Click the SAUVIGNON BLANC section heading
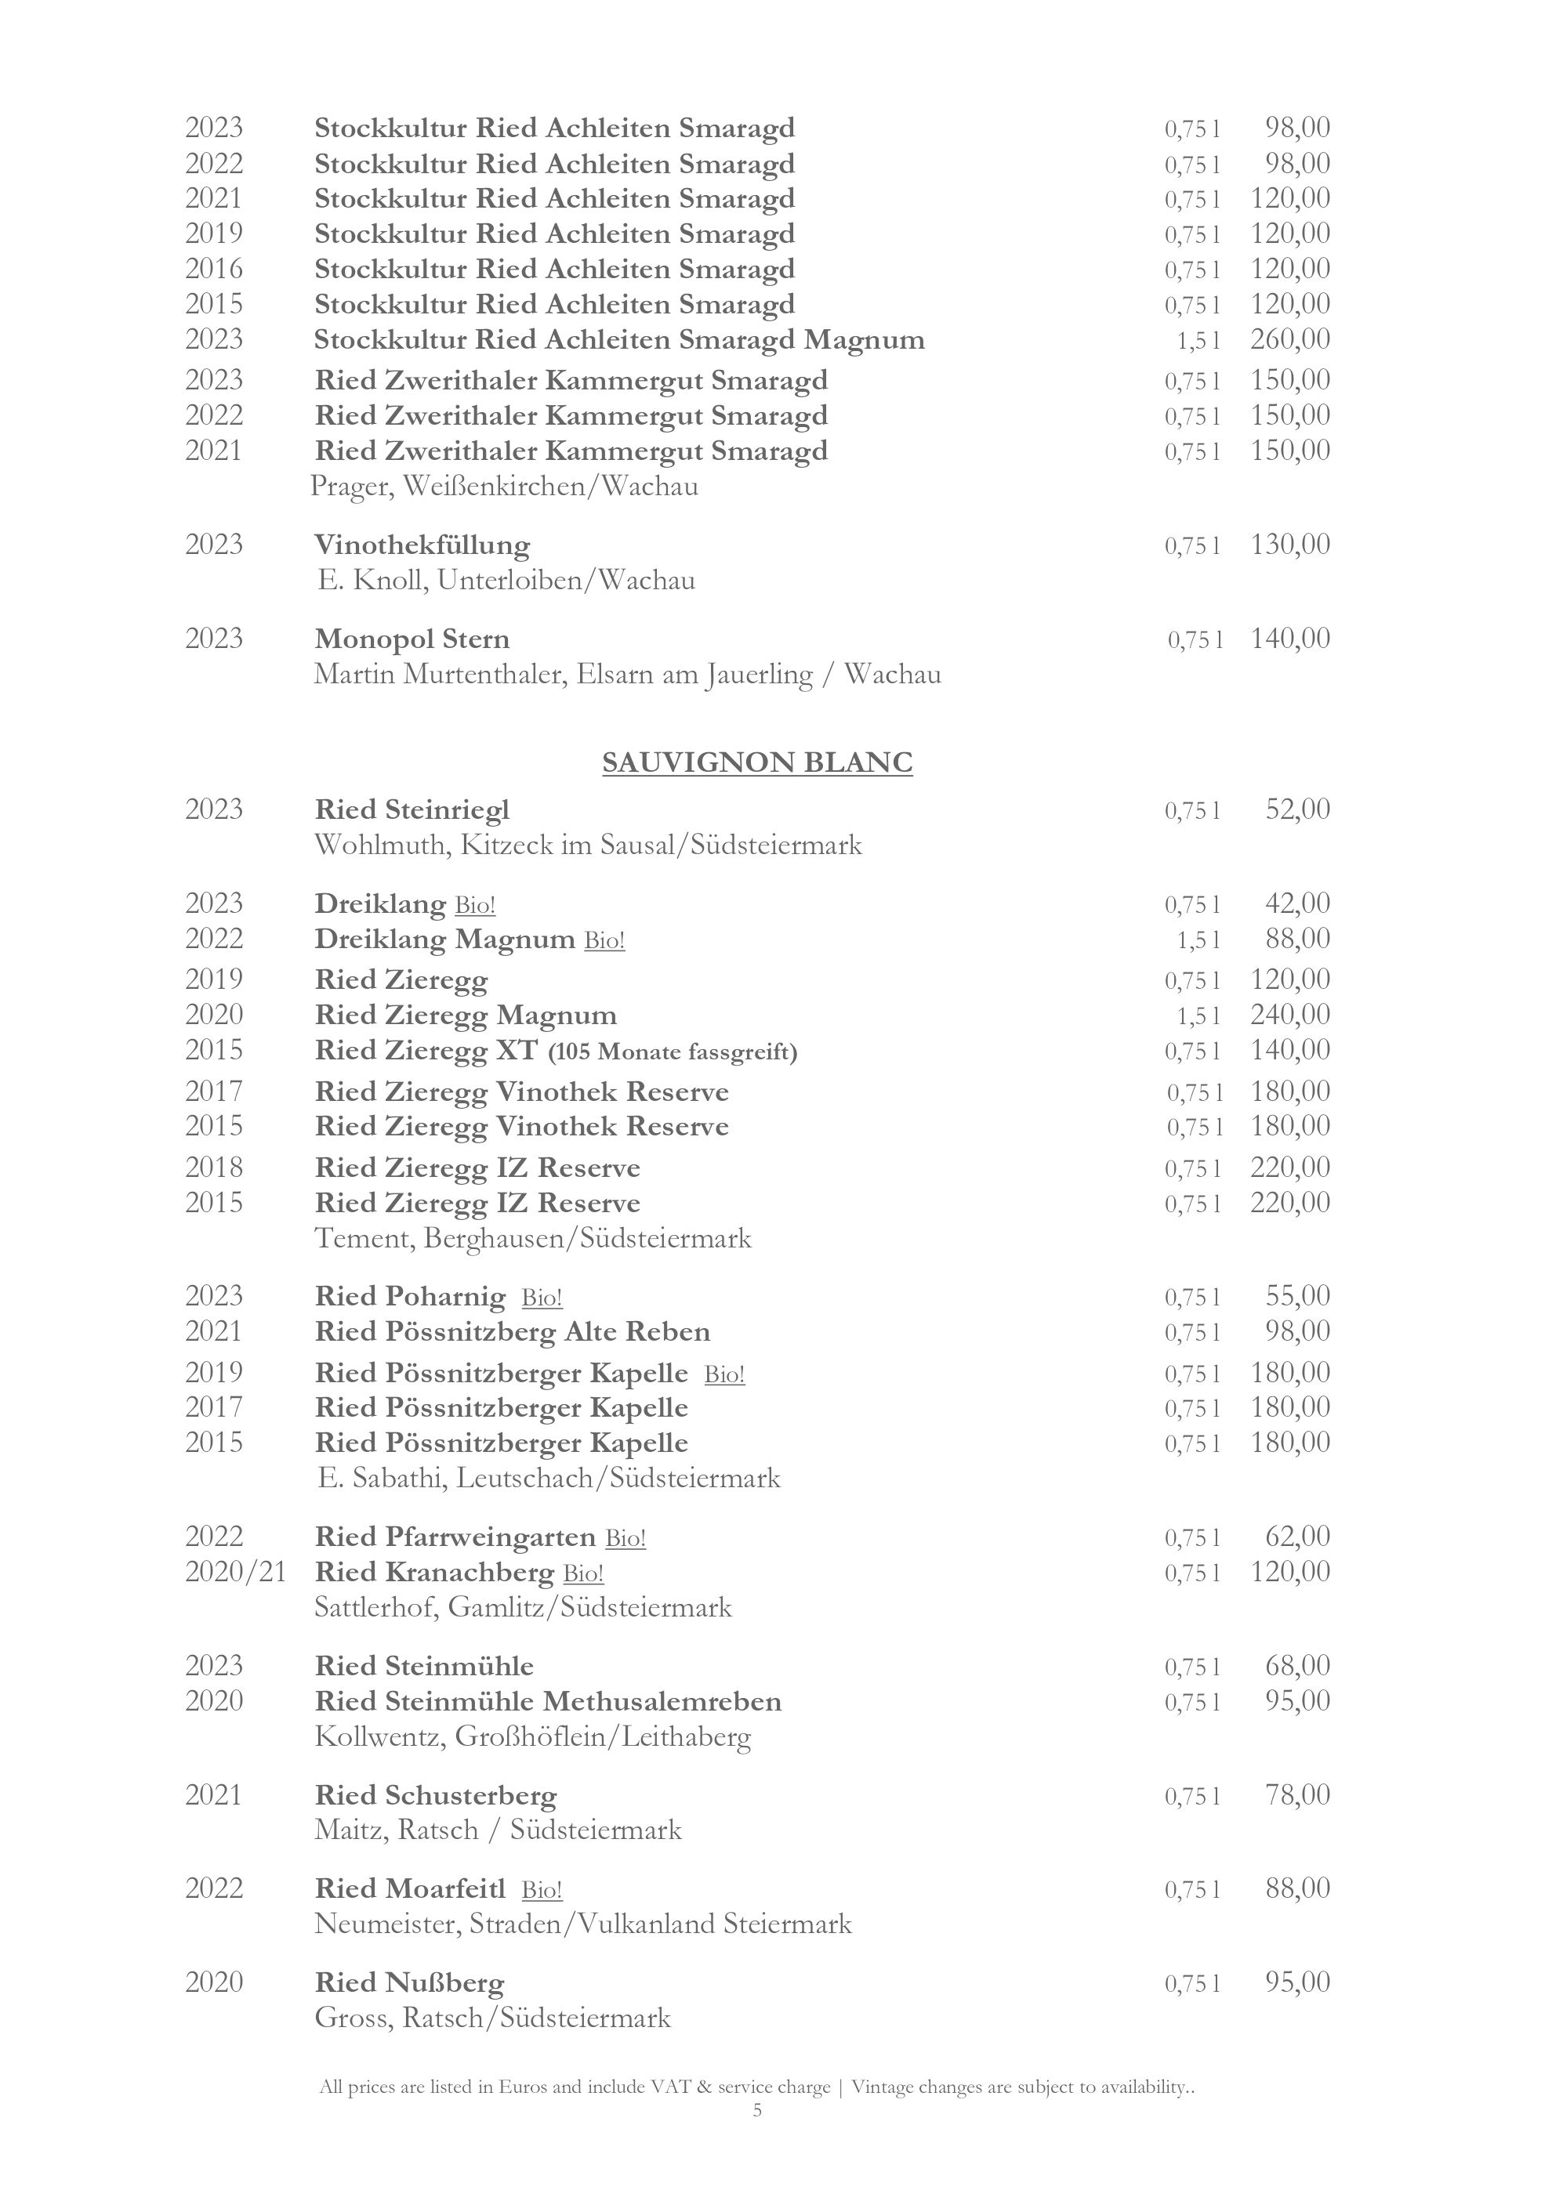pyautogui.click(x=757, y=762)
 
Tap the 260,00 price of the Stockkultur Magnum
pyautogui.click(x=1289, y=339)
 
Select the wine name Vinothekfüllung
pyautogui.click(x=422, y=545)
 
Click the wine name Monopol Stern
pyautogui.click(x=412, y=639)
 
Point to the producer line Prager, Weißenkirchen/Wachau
pyautogui.click(x=505, y=487)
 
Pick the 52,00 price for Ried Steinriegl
pyautogui.click(x=1296, y=809)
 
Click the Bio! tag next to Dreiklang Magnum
pyautogui.click(x=604, y=940)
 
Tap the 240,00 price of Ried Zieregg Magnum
pyautogui.click(x=1289, y=1014)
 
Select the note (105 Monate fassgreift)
pyautogui.click(x=672, y=1052)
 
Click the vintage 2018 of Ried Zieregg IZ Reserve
pyautogui.click(x=214, y=1168)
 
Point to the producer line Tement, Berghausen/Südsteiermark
pyautogui.click(x=533, y=1238)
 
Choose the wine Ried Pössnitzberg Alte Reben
pyautogui.click(x=512, y=1332)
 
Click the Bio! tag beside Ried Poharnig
pyautogui.click(x=542, y=1298)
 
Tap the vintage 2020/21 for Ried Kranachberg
pyautogui.click(x=235, y=1572)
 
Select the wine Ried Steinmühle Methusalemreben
pyautogui.click(x=548, y=1702)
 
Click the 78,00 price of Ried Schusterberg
pyautogui.click(x=1296, y=1794)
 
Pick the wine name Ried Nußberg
pyautogui.click(x=409, y=1984)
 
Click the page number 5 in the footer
pyautogui.click(x=757, y=2110)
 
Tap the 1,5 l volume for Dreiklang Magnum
pyautogui.click(x=1198, y=940)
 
